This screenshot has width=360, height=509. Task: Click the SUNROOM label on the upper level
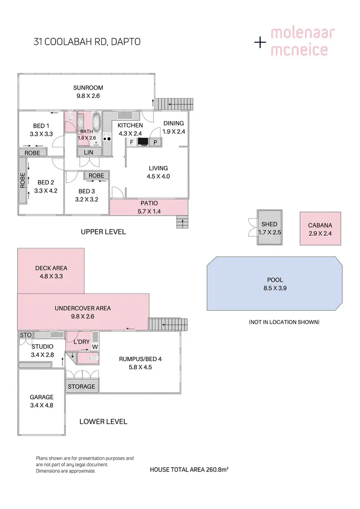pos(88,88)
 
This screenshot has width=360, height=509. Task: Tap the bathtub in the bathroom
pos(96,122)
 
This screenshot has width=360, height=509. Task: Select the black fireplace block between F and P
pos(143,142)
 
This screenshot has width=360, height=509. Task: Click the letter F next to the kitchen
pos(131,142)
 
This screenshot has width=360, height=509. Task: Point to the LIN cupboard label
pos(89,152)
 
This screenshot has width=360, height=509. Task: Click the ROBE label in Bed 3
pos(96,176)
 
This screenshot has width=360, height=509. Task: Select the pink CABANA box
pos(320,229)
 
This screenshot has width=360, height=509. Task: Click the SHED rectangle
pos(269,228)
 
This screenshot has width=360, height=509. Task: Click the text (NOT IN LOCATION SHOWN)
pos(284,322)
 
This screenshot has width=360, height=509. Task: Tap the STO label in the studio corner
pos(25,335)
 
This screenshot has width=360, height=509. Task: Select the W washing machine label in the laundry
pos(95,347)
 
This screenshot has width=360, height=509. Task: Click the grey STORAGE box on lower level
pos(81,387)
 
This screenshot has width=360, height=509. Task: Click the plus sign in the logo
pos(260,43)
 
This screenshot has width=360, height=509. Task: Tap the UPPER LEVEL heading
pos(103,232)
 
